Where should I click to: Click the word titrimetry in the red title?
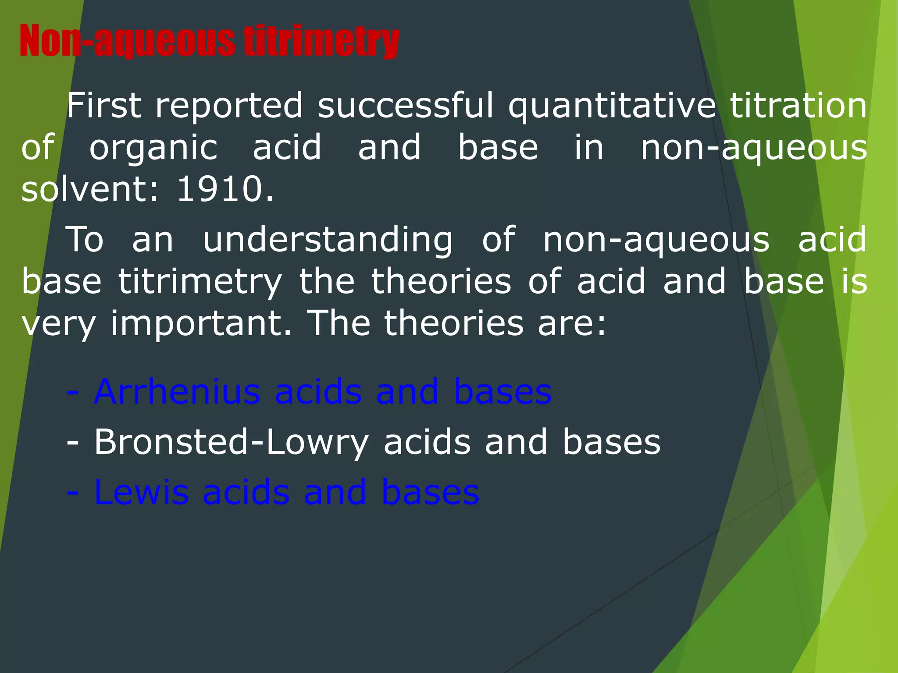coord(321,42)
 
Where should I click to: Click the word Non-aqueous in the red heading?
coord(127,42)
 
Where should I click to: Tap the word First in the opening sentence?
coord(104,106)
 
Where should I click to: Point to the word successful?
coord(406,106)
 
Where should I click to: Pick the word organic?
coord(153,148)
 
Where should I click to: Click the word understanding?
coord(328,240)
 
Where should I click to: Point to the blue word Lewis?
coord(141,492)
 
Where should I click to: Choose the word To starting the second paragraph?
coord(85,240)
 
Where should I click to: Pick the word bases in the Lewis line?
coord(430,492)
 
